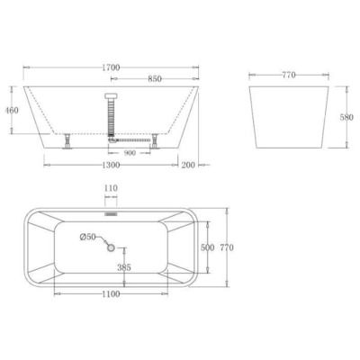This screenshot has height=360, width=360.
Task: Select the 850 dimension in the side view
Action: pyautogui.click(x=154, y=79)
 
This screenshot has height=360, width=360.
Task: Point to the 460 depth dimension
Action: pyautogui.click(x=13, y=111)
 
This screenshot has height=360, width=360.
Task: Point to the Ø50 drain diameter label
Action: pyautogui.click(x=88, y=238)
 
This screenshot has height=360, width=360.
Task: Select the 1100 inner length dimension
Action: pyautogui.click(x=111, y=295)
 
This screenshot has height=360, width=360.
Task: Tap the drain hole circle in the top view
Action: pyautogui.click(x=112, y=247)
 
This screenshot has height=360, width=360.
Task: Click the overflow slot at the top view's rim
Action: pyautogui.click(x=112, y=214)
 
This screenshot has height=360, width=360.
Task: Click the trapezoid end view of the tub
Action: pyautogui.click(x=289, y=117)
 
